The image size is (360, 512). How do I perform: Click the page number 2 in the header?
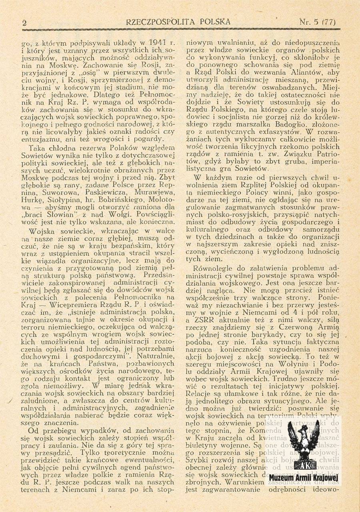point(25,22)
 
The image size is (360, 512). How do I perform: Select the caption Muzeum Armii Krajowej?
point(304,479)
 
